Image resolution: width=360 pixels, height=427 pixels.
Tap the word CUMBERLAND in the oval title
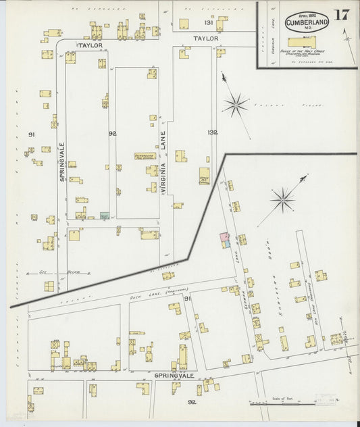coord(307,22)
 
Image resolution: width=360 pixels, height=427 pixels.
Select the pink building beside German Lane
coord(223,239)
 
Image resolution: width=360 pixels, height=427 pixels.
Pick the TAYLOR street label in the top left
coord(89,45)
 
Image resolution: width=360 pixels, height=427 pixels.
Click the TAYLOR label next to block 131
coord(206,39)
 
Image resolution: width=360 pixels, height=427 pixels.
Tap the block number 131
coord(209,23)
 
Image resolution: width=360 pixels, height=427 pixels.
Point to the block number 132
coord(213,132)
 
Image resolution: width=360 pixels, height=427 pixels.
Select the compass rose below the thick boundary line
coord(282,199)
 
